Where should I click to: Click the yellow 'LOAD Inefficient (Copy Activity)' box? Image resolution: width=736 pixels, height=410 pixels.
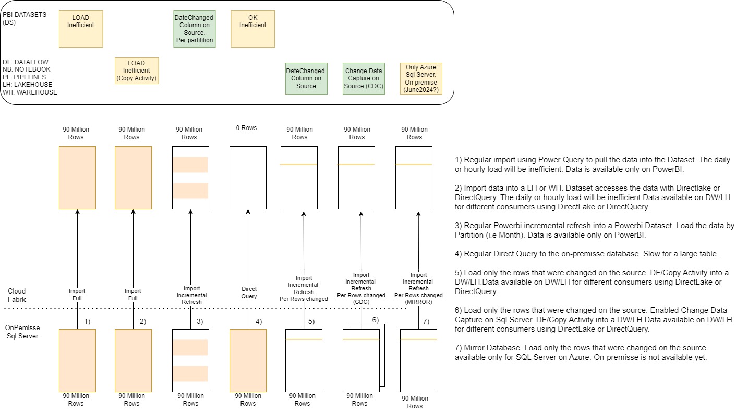tap(136, 71)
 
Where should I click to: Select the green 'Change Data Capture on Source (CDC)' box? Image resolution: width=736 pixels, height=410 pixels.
tap(363, 78)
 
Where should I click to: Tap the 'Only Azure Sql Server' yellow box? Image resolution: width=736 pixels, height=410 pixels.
tap(421, 78)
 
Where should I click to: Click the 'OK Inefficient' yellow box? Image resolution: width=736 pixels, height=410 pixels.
tap(252, 28)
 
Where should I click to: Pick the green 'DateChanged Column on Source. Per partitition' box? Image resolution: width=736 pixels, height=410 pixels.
tap(194, 28)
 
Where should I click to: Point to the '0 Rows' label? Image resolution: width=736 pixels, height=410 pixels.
tap(246, 128)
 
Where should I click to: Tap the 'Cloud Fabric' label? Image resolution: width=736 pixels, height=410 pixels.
tap(17, 295)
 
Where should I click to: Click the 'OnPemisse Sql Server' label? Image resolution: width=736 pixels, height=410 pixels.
tap(21, 332)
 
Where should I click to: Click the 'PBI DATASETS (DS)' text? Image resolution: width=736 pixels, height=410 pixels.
tap(25, 18)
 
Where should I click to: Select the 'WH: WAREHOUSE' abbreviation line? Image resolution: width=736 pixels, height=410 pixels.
tap(30, 92)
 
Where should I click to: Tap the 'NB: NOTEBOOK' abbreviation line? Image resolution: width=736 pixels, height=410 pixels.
tap(27, 69)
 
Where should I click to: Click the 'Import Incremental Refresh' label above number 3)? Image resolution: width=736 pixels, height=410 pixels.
tap(191, 295)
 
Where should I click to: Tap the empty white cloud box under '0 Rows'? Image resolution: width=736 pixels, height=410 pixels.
tap(248, 177)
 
